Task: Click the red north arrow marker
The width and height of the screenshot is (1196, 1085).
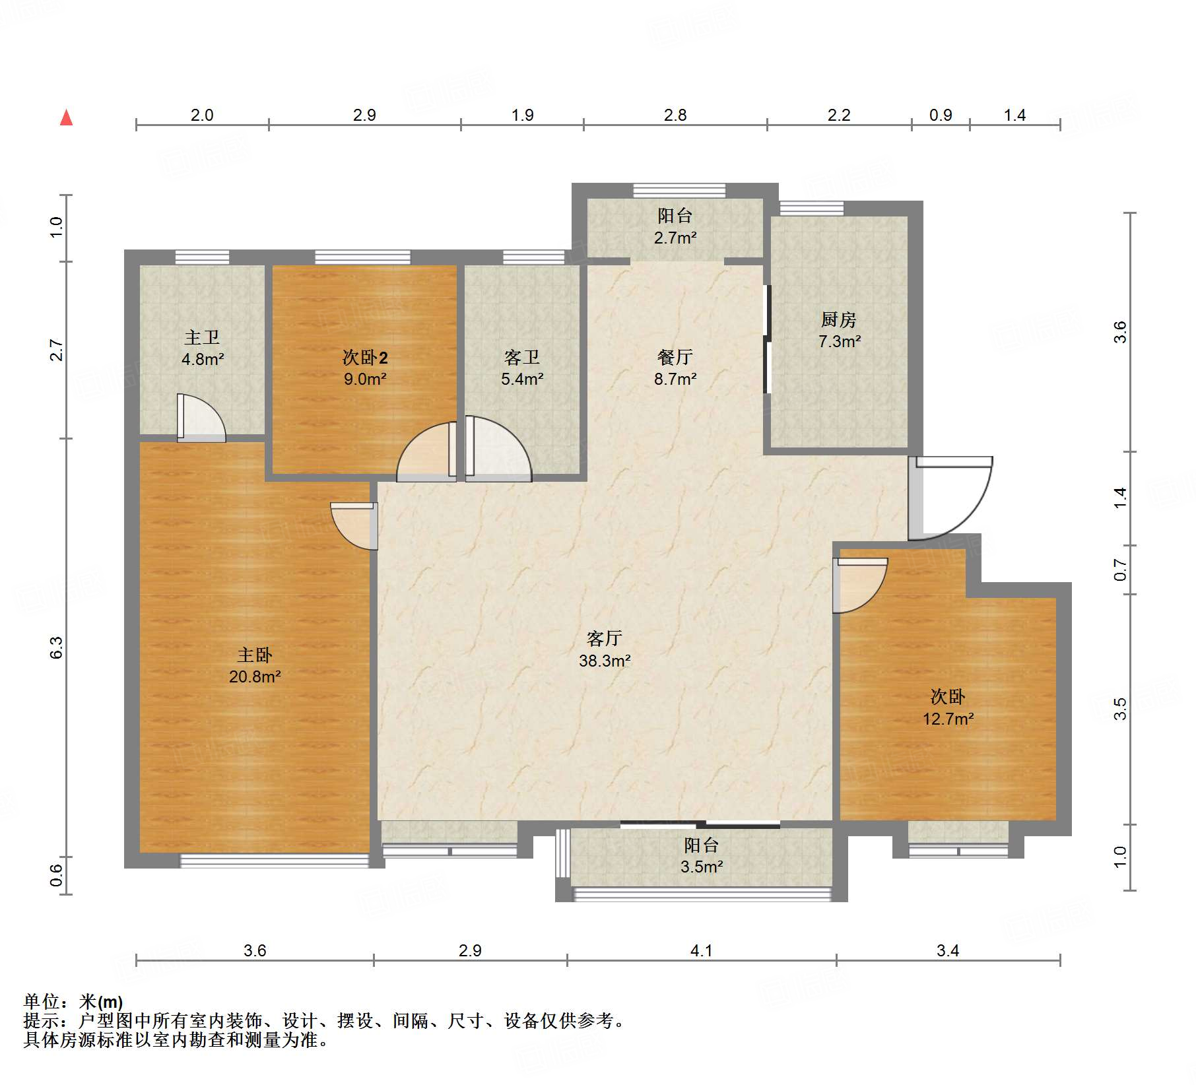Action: (x=66, y=117)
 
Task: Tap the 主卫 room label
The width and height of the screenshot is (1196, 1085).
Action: (x=202, y=337)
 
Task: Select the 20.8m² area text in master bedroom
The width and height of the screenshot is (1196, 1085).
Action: (x=255, y=676)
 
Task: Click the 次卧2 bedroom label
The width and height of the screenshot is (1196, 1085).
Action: (x=365, y=358)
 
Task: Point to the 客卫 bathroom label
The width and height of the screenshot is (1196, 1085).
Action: (x=522, y=358)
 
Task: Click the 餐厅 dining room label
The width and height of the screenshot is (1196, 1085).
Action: (x=675, y=357)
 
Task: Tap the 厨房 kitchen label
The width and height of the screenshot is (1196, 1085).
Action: (x=839, y=319)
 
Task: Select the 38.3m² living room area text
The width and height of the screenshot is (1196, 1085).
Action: (x=605, y=661)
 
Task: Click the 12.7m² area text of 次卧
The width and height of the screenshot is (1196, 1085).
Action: (x=948, y=719)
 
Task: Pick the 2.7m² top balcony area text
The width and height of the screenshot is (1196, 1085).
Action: (x=675, y=238)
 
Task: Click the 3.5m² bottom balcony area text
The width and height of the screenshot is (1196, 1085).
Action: (x=702, y=867)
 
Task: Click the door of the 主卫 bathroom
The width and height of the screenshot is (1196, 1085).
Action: (x=201, y=418)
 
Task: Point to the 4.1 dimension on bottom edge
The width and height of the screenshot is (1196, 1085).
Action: (x=701, y=950)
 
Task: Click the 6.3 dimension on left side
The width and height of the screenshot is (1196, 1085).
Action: (x=56, y=647)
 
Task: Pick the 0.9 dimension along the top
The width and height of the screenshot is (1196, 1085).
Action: (x=941, y=115)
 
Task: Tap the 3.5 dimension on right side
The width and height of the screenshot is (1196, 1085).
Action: (x=1120, y=709)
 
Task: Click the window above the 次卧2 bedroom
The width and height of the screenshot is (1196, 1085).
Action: (x=362, y=257)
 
